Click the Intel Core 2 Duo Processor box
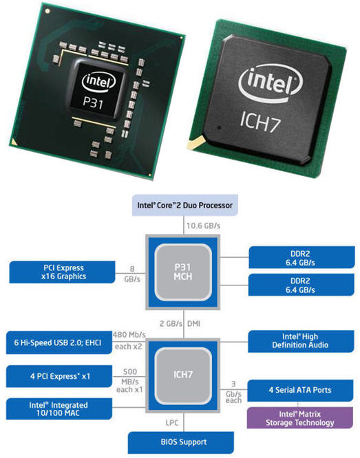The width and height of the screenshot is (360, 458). tap(185, 205)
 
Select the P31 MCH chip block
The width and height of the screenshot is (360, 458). tap(183, 272)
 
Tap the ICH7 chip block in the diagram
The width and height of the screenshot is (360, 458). tap(183, 375)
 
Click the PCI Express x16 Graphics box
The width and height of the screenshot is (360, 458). tap(62, 272)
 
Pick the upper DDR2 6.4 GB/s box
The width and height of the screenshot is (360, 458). tap(301, 258)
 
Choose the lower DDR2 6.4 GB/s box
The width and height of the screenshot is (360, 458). tap(301, 285)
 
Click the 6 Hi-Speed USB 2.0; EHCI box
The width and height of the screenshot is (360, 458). tap(59, 342)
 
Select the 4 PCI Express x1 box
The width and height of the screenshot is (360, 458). tap(59, 376)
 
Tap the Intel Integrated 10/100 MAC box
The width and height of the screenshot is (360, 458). tap(59, 408)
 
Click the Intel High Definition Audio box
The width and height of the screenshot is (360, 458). tap(301, 341)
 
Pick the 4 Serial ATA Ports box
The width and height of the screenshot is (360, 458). tap(300, 390)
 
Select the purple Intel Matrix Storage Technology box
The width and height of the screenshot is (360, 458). tap(300, 418)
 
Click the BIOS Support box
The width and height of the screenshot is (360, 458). tap(181, 442)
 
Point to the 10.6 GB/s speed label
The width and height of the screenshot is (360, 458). tap(204, 226)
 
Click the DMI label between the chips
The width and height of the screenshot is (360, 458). tap(193, 324)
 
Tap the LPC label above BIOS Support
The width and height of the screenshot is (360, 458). tap(172, 423)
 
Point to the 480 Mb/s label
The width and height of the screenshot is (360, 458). tap(129, 335)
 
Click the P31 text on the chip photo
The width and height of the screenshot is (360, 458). tap(93, 102)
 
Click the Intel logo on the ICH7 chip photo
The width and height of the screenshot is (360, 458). tap(271, 83)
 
